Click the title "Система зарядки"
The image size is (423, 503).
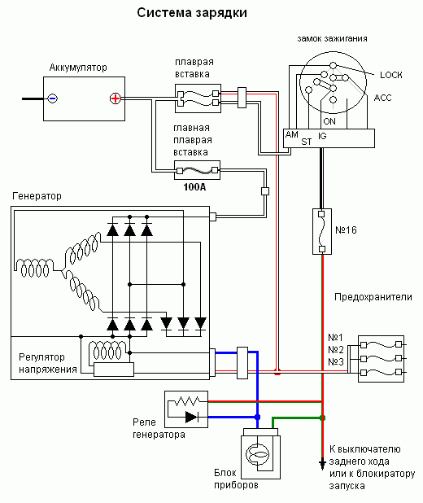(192, 13)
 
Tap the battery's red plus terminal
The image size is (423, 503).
(116, 98)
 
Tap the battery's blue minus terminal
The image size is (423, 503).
(53, 98)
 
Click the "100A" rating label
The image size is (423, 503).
(194, 186)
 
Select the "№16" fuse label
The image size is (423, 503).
(346, 230)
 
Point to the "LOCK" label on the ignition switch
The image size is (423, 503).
(391, 75)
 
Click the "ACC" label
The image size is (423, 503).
(382, 98)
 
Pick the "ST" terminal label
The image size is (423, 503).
(306, 142)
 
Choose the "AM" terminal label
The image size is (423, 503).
(291, 134)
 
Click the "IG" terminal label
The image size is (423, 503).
(322, 136)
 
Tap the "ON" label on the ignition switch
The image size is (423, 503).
(329, 121)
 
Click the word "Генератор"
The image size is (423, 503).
(37, 196)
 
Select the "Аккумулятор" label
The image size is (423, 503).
(78, 68)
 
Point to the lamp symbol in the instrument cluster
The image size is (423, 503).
(258, 454)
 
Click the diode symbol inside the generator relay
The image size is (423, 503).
(192, 417)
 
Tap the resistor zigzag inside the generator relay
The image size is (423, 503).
(187, 400)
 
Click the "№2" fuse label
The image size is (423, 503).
(335, 349)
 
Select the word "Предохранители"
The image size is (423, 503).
(373, 297)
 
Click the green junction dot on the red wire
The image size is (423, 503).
(322, 418)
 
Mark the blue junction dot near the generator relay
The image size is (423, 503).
(257, 417)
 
